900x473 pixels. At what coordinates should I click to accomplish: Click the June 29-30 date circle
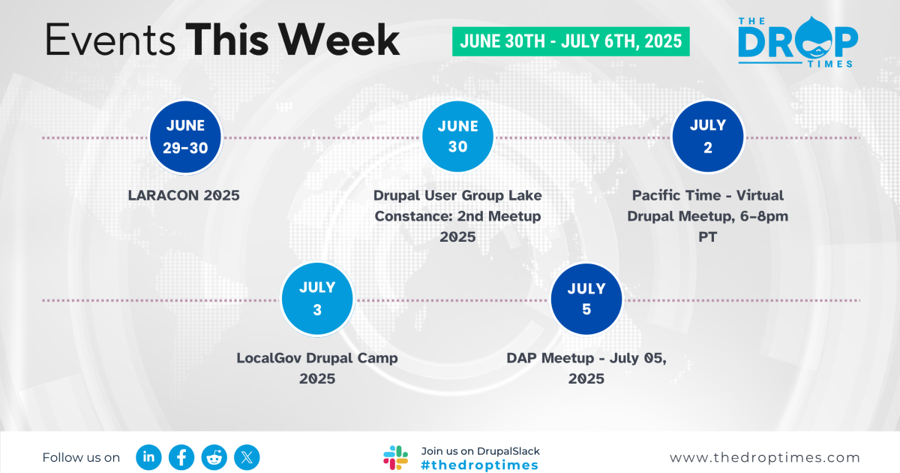click(185, 137)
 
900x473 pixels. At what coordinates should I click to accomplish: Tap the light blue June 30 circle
click(457, 137)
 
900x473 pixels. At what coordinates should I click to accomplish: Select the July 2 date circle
click(707, 137)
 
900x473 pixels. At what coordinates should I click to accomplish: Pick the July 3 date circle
click(317, 299)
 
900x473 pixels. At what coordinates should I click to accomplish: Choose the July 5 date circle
click(586, 299)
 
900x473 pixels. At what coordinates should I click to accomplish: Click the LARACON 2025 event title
click(184, 196)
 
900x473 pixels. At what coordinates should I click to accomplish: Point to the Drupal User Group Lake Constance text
click(457, 215)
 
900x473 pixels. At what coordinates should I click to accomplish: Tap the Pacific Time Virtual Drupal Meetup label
click(707, 215)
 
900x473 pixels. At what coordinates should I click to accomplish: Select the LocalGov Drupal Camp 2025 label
click(317, 368)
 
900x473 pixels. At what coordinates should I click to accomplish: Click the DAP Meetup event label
click(586, 368)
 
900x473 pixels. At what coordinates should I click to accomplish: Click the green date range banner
click(571, 41)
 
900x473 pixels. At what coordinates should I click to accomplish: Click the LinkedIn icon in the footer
click(149, 456)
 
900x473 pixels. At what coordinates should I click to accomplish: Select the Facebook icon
click(181, 456)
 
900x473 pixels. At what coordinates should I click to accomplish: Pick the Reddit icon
click(214, 456)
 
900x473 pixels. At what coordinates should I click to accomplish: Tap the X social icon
click(247, 456)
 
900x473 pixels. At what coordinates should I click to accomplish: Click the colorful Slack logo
click(395, 457)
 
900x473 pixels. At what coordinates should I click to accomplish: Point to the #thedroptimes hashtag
click(480, 465)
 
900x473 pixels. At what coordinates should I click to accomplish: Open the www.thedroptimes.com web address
click(765, 457)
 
